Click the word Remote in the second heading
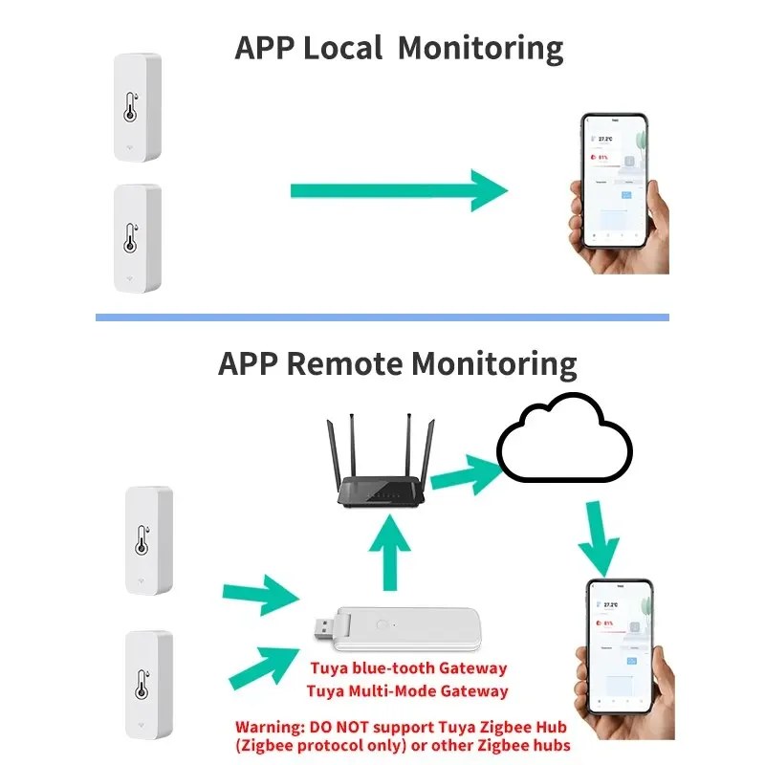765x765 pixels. [x=346, y=363]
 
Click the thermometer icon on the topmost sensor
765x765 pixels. [x=131, y=107]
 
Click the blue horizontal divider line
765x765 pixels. [x=382, y=317]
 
